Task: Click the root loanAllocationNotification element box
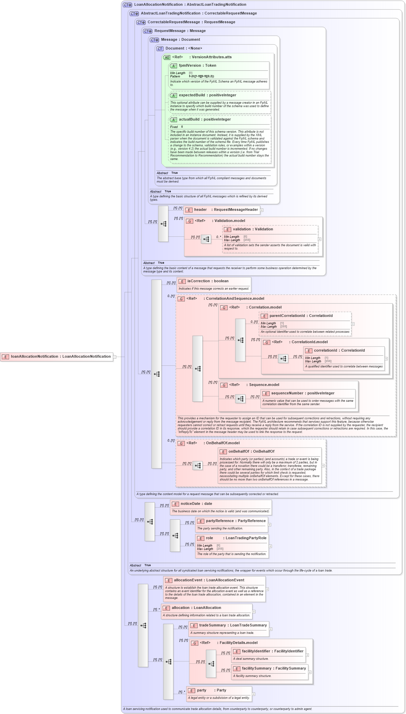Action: click(x=57, y=357)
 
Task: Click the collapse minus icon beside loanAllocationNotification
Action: click(x=115, y=357)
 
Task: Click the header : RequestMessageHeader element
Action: click(x=222, y=210)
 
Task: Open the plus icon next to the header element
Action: click(x=262, y=210)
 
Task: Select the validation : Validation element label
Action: click(x=253, y=229)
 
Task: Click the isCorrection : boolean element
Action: click(x=208, y=281)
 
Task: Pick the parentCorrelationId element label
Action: click(x=301, y=316)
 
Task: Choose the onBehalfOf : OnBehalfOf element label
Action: click(x=251, y=452)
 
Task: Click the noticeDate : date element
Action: click(x=196, y=504)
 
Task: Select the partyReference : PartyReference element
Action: click(x=236, y=521)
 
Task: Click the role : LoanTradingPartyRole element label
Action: click(x=236, y=538)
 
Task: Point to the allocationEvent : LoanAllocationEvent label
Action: click(x=209, y=580)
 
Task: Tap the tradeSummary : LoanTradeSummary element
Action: click(x=233, y=625)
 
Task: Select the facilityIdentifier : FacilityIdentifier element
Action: click(x=272, y=651)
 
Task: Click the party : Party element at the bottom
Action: click(x=211, y=690)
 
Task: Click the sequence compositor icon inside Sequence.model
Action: click(x=240, y=399)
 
